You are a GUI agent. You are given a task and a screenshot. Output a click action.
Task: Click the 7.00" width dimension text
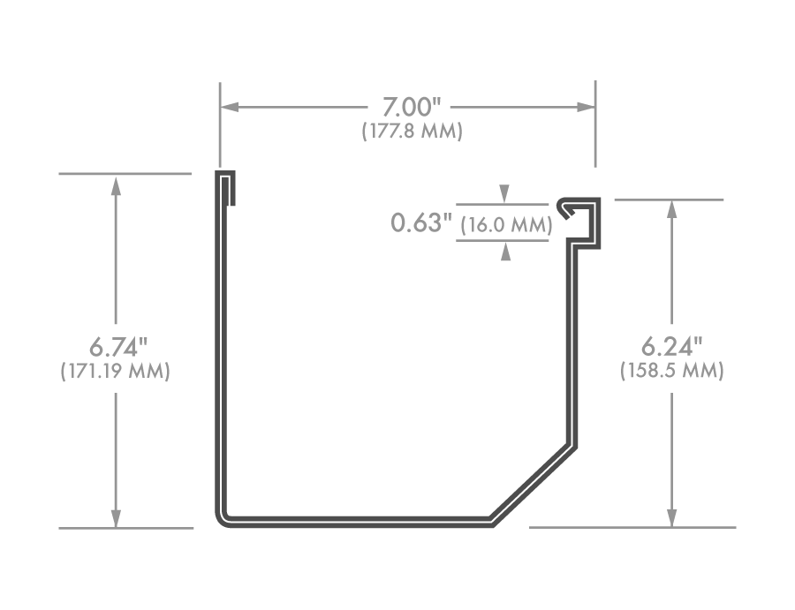[x=411, y=107]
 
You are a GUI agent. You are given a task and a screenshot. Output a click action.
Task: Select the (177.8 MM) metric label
[x=412, y=131]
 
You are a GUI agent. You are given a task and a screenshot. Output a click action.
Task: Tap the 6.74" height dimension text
[x=115, y=345]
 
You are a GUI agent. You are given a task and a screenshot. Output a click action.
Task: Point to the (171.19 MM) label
[x=115, y=371]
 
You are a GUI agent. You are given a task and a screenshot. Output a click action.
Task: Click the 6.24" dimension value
[x=672, y=345]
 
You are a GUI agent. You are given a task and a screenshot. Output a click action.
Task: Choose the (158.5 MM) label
[x=672, y=371]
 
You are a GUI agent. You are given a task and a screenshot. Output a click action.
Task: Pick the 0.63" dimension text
[x=420, y=222]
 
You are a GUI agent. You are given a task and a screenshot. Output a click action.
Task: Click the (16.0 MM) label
[x=506, y=224]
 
